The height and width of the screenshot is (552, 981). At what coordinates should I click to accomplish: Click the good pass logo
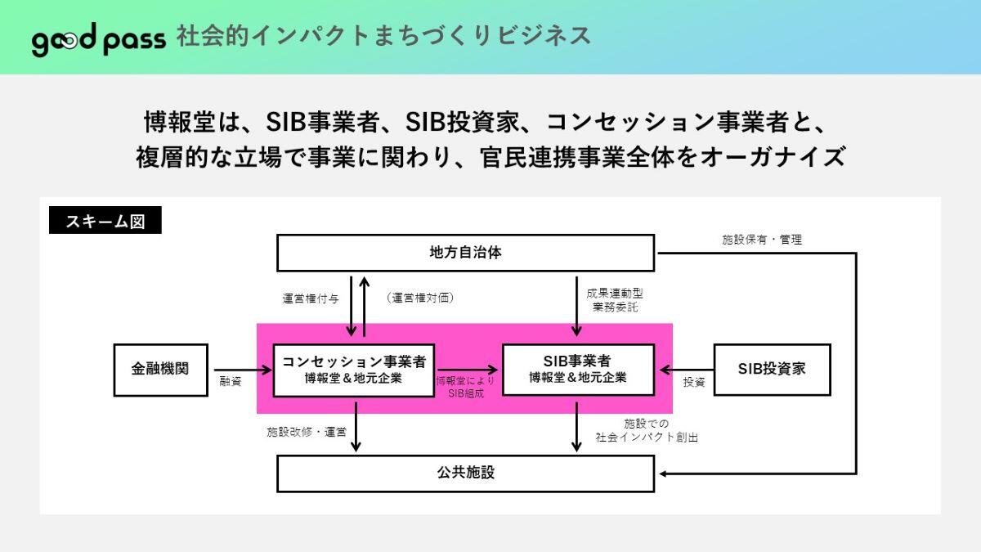(x=99, y=39)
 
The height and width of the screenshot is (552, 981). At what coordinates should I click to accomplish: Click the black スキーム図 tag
(x=105, y=220)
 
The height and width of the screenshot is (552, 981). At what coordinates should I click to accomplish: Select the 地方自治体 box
(x=465, y=253)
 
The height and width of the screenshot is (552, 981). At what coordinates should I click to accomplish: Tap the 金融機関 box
(x=161, y=370)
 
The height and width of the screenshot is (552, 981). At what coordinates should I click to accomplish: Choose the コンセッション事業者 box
(x=354, y=370)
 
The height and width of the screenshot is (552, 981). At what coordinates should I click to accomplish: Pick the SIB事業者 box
(x=578, y=370)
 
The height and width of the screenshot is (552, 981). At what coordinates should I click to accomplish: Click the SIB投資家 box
(x=772, y=370)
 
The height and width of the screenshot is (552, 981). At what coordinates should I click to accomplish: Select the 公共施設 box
(x=465, y=473)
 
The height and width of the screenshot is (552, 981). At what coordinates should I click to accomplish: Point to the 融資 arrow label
(x=231, y=382)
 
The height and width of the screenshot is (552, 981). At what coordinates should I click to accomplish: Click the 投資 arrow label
(x=694, y=382)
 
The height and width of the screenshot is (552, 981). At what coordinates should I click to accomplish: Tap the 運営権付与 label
(x=311, y=298)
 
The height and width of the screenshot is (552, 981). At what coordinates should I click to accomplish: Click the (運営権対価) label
(x=420, y=298)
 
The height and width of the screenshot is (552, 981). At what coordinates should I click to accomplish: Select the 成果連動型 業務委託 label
(x=615, y=300)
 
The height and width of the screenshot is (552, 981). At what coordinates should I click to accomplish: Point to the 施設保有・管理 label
(x=762, y=240)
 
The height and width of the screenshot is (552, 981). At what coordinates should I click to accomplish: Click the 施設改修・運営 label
(x=307, y=432)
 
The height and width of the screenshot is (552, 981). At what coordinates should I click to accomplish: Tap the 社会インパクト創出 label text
(x=647, y=438)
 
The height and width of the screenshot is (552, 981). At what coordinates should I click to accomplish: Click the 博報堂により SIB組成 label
(x=465, y=387)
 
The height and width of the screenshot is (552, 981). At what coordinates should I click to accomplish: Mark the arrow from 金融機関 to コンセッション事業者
(x=243, y=370)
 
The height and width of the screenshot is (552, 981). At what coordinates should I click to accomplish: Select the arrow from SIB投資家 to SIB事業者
(x=687, y=370)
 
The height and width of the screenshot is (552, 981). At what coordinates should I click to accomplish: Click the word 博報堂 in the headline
(x=180, y=122)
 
